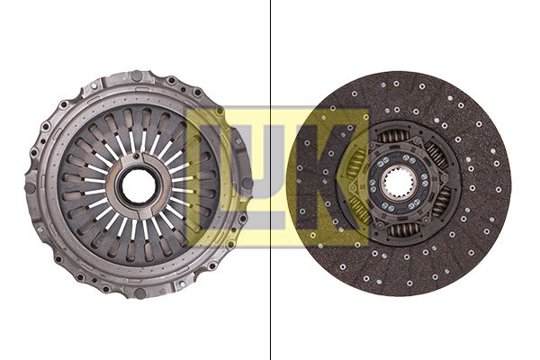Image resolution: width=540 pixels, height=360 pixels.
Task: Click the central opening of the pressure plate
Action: (138, 186)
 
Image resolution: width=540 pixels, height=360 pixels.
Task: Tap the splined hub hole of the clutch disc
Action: (397, 184)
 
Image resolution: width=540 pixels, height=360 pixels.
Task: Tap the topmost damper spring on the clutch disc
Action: (394, 136)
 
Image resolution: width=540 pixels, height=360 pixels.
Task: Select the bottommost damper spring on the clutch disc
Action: (399, 231)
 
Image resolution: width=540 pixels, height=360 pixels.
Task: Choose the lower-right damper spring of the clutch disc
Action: (440, 203)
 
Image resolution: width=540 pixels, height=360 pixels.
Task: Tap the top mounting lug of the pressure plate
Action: (136, 76)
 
